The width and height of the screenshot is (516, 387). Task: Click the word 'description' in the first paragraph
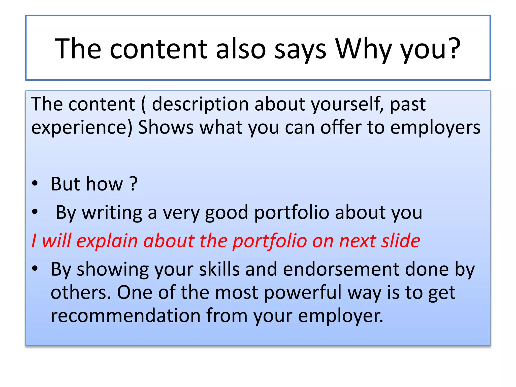(200, 104)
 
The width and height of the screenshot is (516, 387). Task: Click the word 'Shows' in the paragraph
(166, 127)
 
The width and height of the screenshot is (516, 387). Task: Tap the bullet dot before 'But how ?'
(35, 183)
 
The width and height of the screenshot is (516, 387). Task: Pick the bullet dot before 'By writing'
(35, 212)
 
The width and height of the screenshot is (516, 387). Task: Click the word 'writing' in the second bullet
(112, 212)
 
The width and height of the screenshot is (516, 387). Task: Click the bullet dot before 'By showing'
(35, 269)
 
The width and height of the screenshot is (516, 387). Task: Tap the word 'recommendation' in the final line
(125, 315)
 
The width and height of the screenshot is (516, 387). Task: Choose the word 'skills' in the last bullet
(219, 269)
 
